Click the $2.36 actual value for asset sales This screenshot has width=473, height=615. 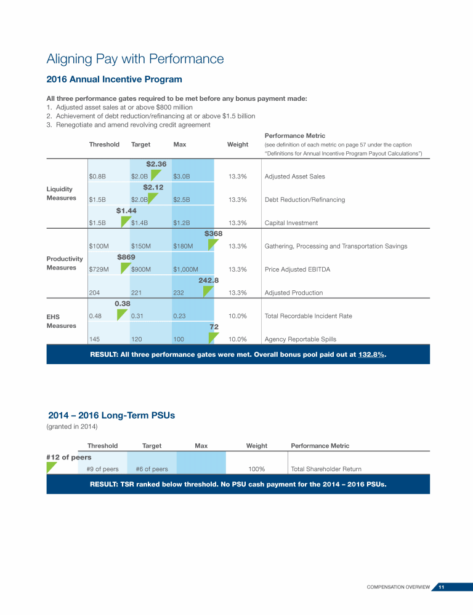click(156, 164)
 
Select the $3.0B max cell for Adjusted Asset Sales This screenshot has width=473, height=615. click(181, 177)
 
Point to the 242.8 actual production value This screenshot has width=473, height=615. click(209, 280)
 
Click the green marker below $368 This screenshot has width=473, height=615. click(212, 245)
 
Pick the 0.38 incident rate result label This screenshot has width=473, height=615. click(122, 303)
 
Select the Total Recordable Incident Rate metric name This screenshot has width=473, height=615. click(308, 316)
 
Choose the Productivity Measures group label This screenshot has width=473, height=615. click(64, 263)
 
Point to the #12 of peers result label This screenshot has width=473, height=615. click(69, 457)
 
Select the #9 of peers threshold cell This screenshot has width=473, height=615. click(102, 469)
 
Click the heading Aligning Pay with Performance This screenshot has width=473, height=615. click(135, 59)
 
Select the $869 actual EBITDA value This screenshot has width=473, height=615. click(126, 256)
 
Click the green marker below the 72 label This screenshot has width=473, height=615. click(213, 338)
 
